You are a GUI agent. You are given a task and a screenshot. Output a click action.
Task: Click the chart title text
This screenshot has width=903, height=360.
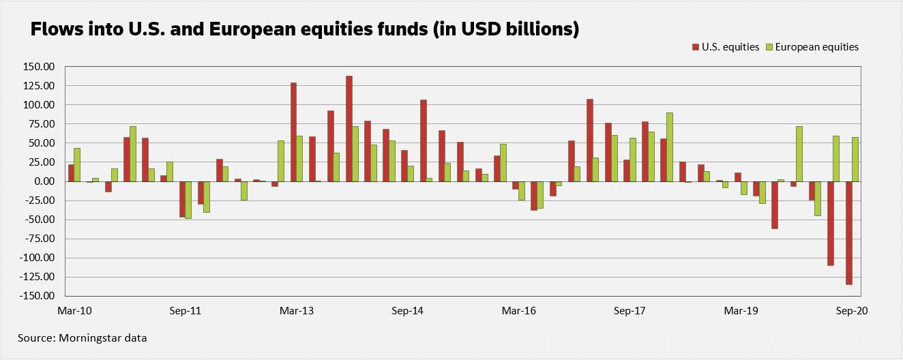(x=304, y=30)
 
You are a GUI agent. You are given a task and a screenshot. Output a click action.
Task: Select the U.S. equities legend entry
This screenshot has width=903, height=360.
(x=726, y=47)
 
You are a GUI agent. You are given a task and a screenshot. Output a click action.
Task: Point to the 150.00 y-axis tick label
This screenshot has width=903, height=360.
(x=39, y=67)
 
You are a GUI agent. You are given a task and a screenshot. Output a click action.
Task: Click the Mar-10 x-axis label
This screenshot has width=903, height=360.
(x=74, y=311)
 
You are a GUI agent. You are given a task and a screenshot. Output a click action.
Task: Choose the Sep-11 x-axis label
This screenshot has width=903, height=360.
(x=186, y=311)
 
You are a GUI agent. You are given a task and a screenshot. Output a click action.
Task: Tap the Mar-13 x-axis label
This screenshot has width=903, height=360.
(x=297, y=311)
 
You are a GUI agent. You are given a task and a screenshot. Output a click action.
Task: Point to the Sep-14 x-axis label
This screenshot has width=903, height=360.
(x=408, y=311)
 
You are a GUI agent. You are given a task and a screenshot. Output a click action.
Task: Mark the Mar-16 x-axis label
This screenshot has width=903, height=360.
(x=519, y=311)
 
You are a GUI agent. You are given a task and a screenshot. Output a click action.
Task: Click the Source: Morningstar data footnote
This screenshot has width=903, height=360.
(x=83, y=337)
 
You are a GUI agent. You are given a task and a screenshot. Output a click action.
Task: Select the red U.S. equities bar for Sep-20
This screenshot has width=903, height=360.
(x=849, y=232)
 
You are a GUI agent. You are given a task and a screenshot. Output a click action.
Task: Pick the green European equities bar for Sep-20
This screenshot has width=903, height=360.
(x=855, y=160)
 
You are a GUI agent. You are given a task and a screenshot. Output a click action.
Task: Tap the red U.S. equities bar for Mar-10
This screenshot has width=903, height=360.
(x=71, y=173)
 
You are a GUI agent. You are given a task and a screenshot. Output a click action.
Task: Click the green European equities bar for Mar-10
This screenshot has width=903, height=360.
(x=77, y=165)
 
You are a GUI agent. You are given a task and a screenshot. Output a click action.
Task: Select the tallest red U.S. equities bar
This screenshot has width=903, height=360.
(x=349, y=129)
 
